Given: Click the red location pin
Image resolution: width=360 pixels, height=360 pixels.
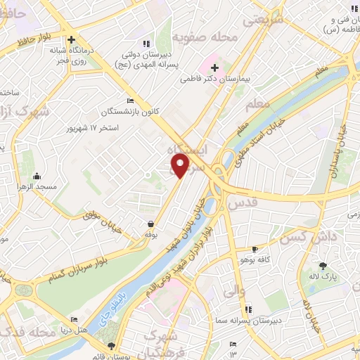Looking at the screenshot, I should click(x=180, y=166).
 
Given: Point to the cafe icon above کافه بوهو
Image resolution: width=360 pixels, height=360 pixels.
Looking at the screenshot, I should click(x=255, y=250).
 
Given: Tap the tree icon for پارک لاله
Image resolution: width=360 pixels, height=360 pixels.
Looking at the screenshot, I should click(x=323, y=266).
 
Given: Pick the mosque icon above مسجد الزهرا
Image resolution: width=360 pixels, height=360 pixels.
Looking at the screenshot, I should click(x=36, y=176).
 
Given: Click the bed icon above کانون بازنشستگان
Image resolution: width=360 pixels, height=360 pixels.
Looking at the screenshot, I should click(x=129, y=101).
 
